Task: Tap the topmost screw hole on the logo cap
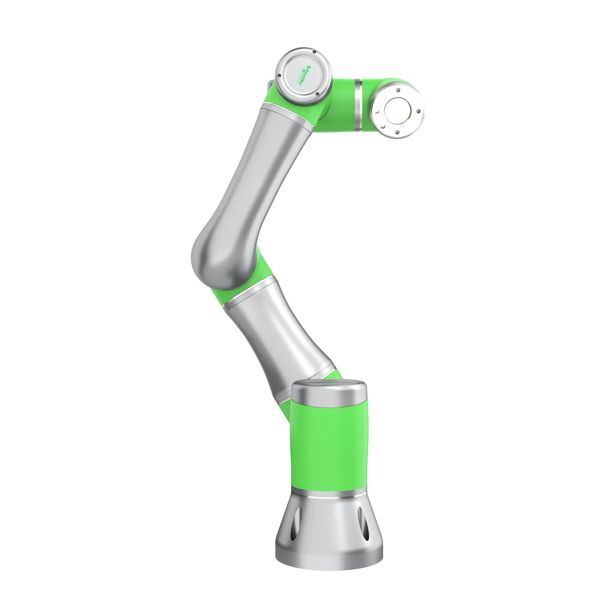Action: tap(314, 52)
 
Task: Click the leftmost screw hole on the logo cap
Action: tap(279, 75)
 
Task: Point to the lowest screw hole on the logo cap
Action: tap(318, 94)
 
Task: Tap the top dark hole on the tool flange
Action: tap(398, 91)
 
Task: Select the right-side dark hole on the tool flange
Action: tap(418, 111)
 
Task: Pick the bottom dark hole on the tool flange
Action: tap(397, 132)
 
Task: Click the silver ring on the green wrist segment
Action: tap(359, 105)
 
